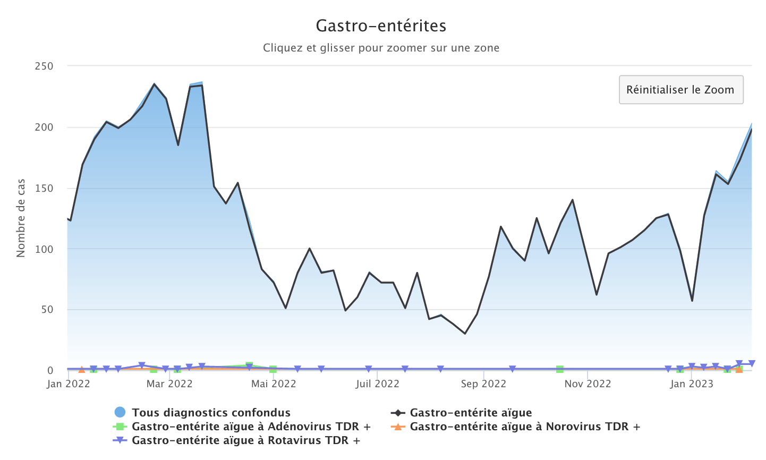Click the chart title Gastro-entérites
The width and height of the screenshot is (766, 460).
coord(381,25)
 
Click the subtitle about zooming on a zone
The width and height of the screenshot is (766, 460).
coord(381,48)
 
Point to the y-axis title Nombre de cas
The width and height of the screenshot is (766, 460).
coord(21,218)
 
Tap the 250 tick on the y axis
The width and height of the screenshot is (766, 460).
coord(44,66)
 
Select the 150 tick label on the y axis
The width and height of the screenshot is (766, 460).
coord(44,188)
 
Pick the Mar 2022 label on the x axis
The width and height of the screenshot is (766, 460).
coord(169,384)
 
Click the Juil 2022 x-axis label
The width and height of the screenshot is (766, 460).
coord(377,384)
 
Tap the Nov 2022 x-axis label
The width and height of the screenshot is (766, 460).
coord(588,384)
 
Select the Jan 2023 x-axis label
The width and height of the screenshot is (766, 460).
coord(692,384)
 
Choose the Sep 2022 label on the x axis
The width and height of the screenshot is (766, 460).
coord(483,384)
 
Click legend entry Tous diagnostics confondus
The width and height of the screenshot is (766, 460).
coord(211,413)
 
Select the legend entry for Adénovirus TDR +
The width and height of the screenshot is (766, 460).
coord(251,427)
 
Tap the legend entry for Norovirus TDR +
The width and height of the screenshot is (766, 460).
coord(525,427)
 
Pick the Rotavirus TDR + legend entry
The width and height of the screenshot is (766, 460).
coord(246,440)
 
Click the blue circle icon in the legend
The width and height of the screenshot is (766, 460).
coord(120,412)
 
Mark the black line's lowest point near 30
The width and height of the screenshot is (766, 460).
coord(465,334)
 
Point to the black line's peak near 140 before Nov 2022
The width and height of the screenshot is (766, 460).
coord(572,200)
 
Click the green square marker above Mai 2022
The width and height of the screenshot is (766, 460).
coord(273,369)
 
